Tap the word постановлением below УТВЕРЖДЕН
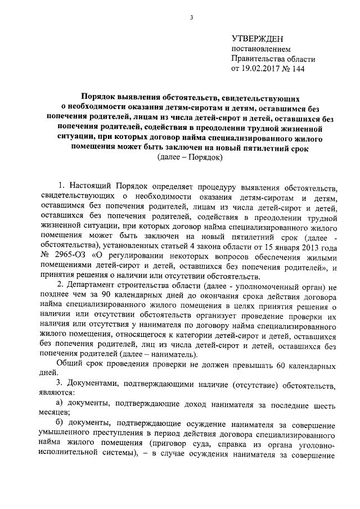258,49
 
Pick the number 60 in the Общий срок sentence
264,366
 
